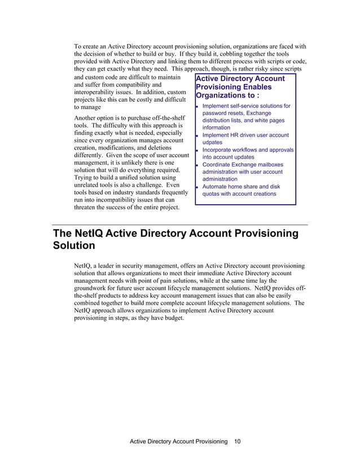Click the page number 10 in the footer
[x=237, y=441]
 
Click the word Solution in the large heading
[x=74, y=246]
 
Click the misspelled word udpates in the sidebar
[x=212, y=143]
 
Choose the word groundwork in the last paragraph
[x=94, y=288]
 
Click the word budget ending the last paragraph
[x=178, y=318]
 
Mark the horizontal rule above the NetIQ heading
[x=179, y=225]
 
